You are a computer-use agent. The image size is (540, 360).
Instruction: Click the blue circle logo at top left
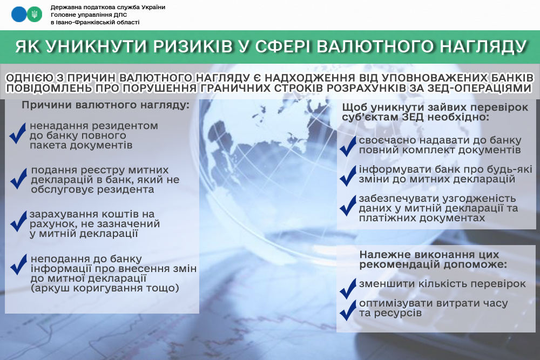tap(19, 15)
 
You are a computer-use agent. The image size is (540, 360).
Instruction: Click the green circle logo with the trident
tap(35, 15)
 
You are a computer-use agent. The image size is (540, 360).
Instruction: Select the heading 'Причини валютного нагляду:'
tap(105, 105)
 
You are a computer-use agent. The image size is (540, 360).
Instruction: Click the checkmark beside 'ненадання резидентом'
tap(18, 133)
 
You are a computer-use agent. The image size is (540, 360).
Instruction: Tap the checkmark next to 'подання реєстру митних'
tap(18, 178)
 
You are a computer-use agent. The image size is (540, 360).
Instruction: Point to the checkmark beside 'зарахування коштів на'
tap(18, 221)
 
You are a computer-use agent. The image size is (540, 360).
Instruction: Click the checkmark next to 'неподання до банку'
tap(18, 264)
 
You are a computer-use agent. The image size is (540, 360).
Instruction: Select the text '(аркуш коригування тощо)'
tap(105, 288)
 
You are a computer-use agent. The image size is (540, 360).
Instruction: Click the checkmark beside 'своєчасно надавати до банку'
tap(348, 146)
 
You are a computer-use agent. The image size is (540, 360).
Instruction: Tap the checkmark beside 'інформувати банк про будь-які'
tap(348, 175)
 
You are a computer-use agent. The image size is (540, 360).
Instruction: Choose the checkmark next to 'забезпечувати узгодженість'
tap(348, 205)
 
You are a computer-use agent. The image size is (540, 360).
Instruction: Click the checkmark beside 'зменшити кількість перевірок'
tap(348, 288)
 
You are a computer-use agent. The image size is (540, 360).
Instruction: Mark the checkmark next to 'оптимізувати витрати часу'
tap(348, 310)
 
